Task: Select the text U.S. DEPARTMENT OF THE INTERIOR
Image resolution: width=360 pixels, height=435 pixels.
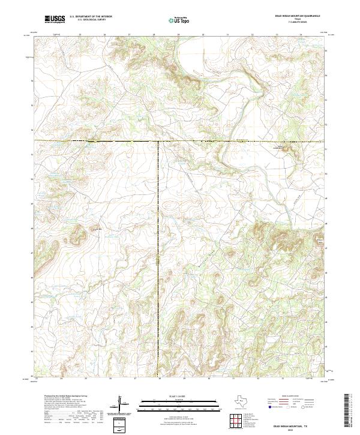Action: (x=91, y=17)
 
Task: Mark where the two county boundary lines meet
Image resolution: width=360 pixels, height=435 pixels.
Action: (x=158, y=141)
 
